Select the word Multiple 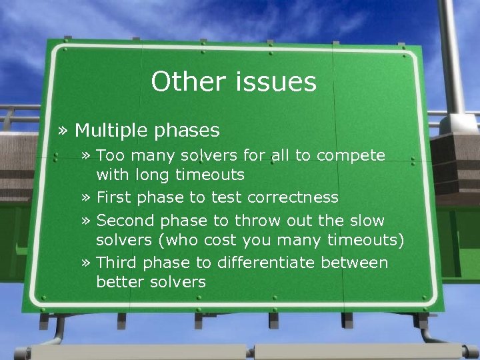[x=111, y=129]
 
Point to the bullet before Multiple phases [x=63, y=130]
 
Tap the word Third [x=116, y=262]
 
